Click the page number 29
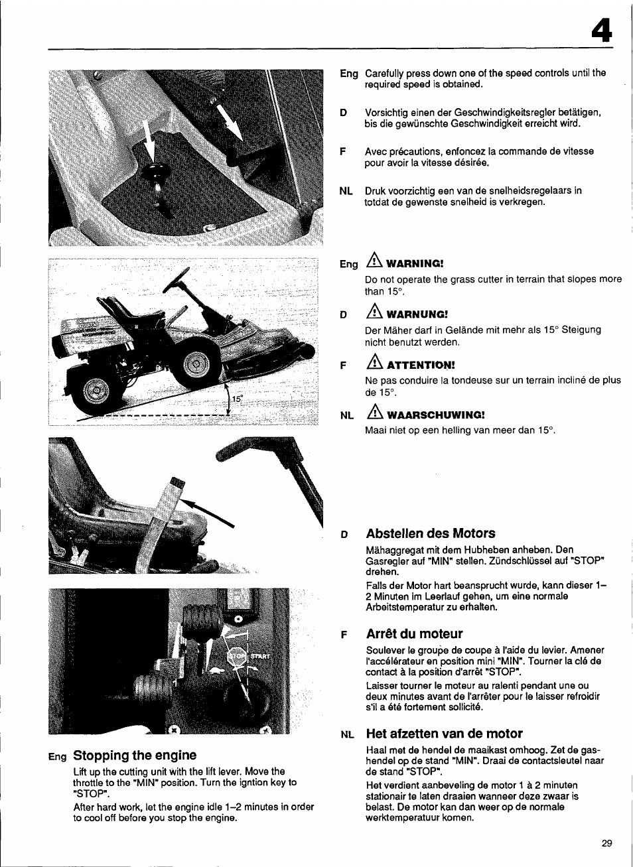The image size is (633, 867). point(606,843)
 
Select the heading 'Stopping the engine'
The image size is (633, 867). point(135,755)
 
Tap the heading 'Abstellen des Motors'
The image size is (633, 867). point(430,533)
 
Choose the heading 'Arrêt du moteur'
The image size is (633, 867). point(414,634)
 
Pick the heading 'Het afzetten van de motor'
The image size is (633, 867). point(444,733)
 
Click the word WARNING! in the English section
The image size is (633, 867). point(415,264)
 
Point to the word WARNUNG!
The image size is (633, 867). point(417,314)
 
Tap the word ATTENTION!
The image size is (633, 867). point(421,365)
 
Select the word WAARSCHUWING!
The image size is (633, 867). point(435,415)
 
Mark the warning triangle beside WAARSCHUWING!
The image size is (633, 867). point(375,413)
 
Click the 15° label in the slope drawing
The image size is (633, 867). point(238,399)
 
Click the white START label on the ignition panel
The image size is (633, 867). point(259,656)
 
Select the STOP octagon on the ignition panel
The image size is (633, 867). point(236,656)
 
